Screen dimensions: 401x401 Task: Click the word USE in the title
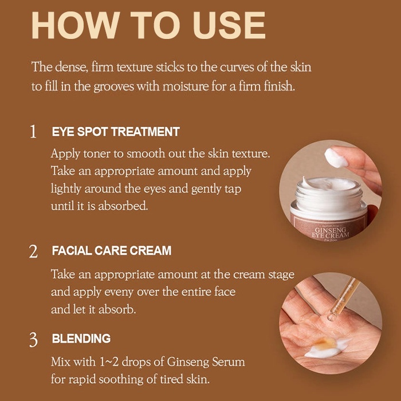pos(229,25)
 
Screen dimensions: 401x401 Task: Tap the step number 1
pos(33,132)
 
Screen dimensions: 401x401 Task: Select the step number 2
pos(33,251)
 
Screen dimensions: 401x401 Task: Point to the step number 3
pos(33,340)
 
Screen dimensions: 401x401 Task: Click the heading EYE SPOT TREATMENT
pos(116,132)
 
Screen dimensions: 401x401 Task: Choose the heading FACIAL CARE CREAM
pos(112,251)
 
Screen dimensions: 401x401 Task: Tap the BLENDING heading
pos(81,339)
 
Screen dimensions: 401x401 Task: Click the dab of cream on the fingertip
pos(336,158)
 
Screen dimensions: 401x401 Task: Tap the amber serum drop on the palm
pos(325,343)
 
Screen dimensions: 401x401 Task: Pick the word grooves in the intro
pos(113,87)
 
